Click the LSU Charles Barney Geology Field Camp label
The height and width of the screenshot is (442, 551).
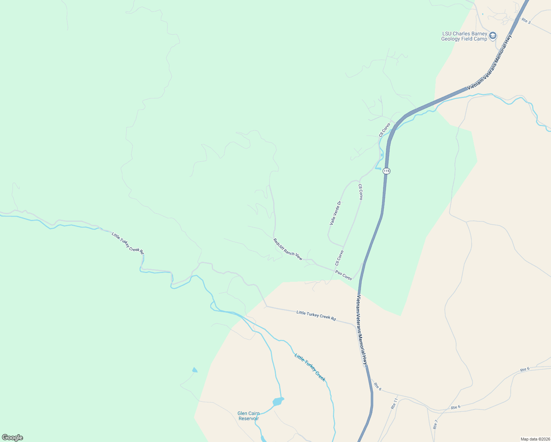click(464, 36)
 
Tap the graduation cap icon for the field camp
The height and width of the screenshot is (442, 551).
click(493, 36)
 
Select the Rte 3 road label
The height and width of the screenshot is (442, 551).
click(526, 21)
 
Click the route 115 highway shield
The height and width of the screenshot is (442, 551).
click(386, 171)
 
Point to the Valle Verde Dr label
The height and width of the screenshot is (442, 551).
click(336, 213)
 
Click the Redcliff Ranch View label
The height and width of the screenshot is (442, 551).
click(288, 249)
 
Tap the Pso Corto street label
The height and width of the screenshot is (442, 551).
click(343, 275)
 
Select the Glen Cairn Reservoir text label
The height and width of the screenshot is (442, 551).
click(248, 416)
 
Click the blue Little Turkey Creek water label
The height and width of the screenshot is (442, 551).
click(310, 367)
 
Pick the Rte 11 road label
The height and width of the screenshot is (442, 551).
click(394, 404)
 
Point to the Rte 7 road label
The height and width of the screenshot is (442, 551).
click(435, 424)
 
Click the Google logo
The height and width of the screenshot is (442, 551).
click(12, 438)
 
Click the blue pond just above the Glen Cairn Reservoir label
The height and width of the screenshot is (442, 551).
click(278, 401)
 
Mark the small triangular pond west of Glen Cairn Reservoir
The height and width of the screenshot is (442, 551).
click(194, 370)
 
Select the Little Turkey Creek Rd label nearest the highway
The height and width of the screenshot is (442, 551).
click(316, 316)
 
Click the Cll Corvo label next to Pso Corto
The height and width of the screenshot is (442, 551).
click(339, 258)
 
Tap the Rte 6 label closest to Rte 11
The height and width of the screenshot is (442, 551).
click(378, 386)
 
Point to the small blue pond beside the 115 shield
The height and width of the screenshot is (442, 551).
click(378, 169)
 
